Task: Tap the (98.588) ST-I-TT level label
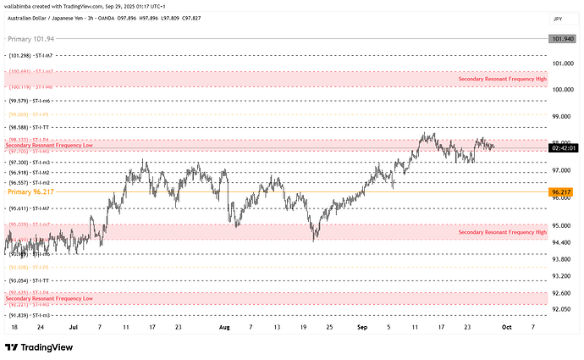[x=30, y=125]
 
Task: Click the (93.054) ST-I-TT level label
[x=30, y=279]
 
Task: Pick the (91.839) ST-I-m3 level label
[x=30, y=314]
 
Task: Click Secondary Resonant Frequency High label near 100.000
[x=502, y=78]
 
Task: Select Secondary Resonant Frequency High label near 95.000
[x=502, y=231]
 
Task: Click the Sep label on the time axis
[x=363, y=325]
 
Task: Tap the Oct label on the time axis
[x=506, y=325]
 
